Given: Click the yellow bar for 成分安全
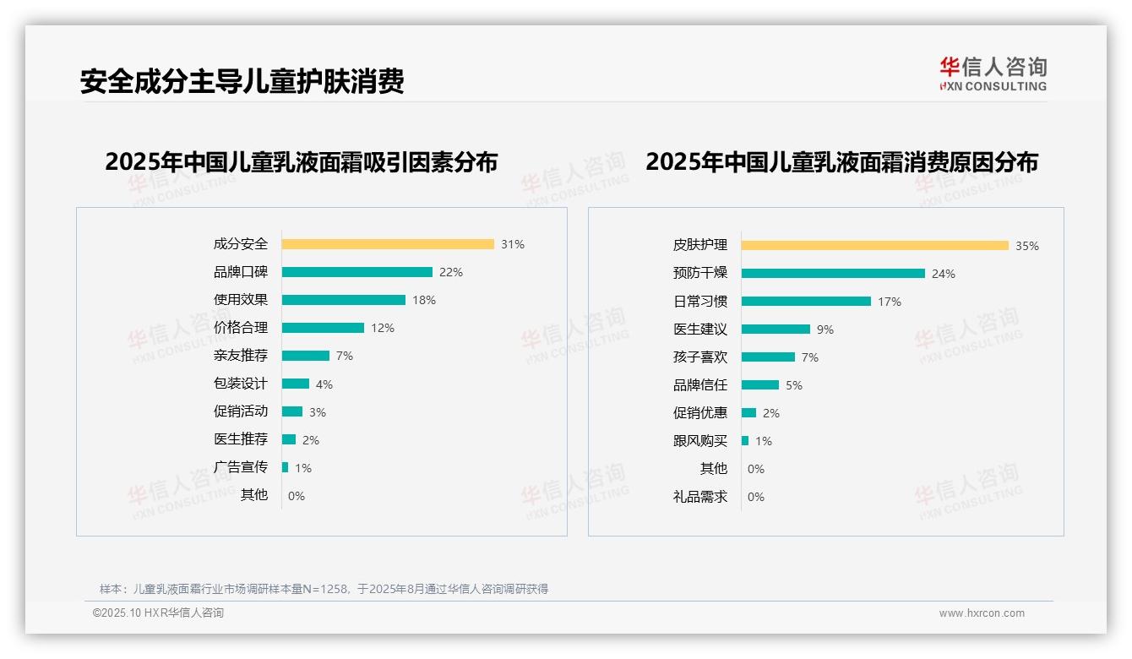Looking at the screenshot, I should click(x=388, y=244).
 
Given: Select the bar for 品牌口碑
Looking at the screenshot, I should click(x=356, y=272).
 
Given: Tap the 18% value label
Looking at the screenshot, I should click(x=424, y=300).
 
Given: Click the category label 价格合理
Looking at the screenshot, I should click(x=241, y=328).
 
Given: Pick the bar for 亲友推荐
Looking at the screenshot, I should click(x=305, y=356).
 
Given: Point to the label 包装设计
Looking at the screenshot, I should click(x=241, y=384).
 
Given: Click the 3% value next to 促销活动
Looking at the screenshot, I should click(x=317, y=412).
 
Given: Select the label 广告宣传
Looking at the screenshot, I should click(x=241, y=467).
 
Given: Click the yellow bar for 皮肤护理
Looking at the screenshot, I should click(x=874, y=246).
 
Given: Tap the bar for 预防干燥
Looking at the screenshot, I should click(x=833, y=274).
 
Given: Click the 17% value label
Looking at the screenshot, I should click(x=890, y=302).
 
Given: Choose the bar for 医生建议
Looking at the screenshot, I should click(x=776, y=329).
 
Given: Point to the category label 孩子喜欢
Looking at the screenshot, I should click(x=700, y=357).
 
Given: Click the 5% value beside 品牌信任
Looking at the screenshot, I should click(x=794, y=385).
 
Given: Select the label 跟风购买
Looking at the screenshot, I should click(x=700, y=441).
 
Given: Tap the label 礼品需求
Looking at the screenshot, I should click(x=700, y=497).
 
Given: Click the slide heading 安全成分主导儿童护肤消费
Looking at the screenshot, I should click(x=242, y=81).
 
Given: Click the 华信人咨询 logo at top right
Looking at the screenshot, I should click(x=993, y=74).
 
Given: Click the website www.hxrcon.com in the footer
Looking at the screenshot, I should click(x=982, y=613).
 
